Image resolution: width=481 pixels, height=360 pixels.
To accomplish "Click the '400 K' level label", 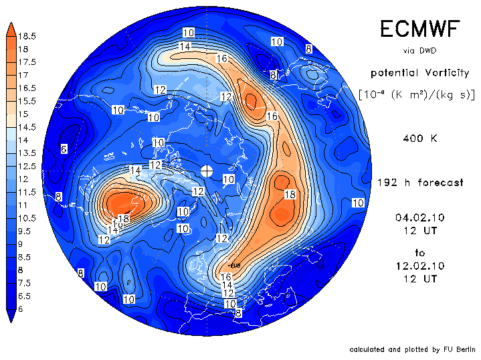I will (419, 139).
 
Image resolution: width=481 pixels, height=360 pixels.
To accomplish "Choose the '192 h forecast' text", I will (419, 183).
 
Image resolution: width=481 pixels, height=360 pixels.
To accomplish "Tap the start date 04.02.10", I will (419, 217).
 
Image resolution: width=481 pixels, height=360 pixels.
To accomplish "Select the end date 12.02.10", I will (419, 266).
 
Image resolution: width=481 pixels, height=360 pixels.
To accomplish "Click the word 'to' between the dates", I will (419, 253).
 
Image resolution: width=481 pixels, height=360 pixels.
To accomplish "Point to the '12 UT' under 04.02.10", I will (419, 230).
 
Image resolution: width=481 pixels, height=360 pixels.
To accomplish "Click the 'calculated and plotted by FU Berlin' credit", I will (411, 349).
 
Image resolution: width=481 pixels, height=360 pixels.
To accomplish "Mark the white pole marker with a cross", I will (207, 171).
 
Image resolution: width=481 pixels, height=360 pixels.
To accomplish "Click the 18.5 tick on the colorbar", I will (27, 36).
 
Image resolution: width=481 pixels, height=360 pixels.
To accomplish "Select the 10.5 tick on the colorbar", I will (27, 218).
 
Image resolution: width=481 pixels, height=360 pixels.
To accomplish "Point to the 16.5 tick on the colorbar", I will (27, 88).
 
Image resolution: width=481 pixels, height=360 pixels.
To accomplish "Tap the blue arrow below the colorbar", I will (11, 316).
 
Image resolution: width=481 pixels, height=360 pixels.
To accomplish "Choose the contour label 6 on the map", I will (63, 149).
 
